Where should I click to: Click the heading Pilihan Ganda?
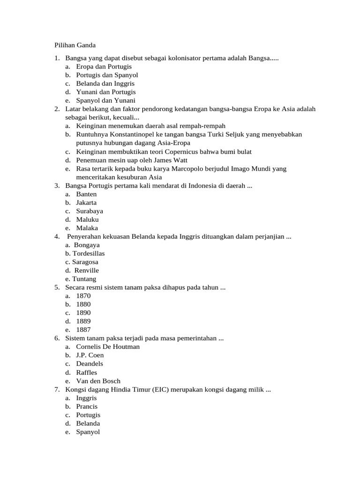coord(73,45)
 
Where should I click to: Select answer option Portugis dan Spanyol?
coord(107,75)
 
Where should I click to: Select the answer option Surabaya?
coord(90,211)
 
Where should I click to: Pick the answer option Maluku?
coord(88,219)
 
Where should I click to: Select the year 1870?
coord(83,296)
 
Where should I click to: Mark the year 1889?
coord(83,321)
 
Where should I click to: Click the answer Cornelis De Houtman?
coord(108,347)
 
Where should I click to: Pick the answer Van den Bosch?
coord(98,381)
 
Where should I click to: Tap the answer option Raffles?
coord(87,373)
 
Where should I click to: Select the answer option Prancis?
coord(87,406)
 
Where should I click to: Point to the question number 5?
coord(56,287)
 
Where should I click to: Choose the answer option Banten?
coord(86,194)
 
